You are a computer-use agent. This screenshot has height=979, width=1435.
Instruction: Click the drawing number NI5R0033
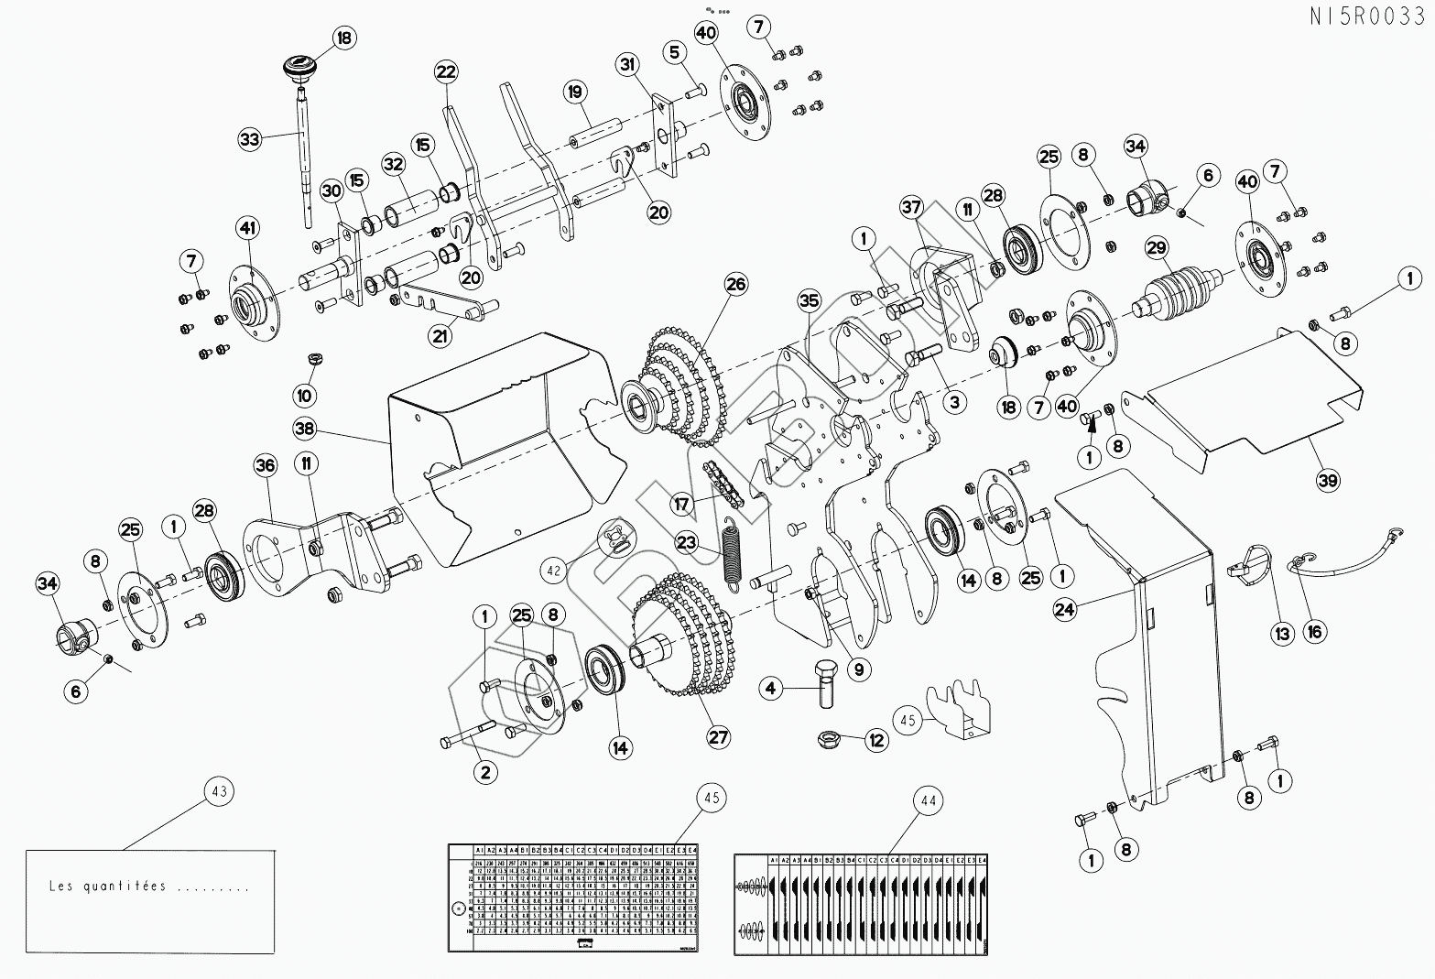[1370, 16]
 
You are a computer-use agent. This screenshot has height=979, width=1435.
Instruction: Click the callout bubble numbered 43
[220, 791]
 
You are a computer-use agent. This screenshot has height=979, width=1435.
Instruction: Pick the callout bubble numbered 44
[929, 800]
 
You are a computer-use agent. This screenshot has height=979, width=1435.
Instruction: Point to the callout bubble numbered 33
[249, 139]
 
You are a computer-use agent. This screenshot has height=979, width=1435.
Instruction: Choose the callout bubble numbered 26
[736, 284]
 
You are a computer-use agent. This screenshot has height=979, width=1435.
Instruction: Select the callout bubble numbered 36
[266, 466]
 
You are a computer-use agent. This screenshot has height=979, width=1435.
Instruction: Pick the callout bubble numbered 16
[1315, 631]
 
